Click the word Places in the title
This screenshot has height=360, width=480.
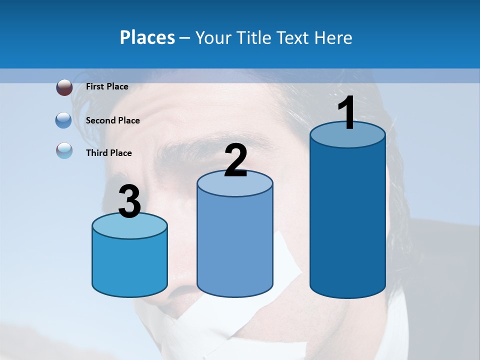coord(147,37)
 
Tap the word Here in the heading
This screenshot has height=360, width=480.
coord(333,37)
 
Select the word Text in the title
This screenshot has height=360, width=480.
coord(293,37)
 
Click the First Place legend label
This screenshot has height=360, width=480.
coord(107,86)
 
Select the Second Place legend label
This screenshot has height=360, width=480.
coord(112,120)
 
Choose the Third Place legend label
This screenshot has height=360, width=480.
coord(109,153)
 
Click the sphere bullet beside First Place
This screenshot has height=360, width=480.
coord(64,87)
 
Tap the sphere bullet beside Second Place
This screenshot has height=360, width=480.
coord(63,120)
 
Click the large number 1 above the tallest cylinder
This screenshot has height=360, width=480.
coord(346,113)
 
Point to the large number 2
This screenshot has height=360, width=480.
coord(235,160)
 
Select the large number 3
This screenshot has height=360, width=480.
coord(129,201)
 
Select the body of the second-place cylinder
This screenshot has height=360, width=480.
coord(235,245)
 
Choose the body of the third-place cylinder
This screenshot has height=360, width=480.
coord(129,265)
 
